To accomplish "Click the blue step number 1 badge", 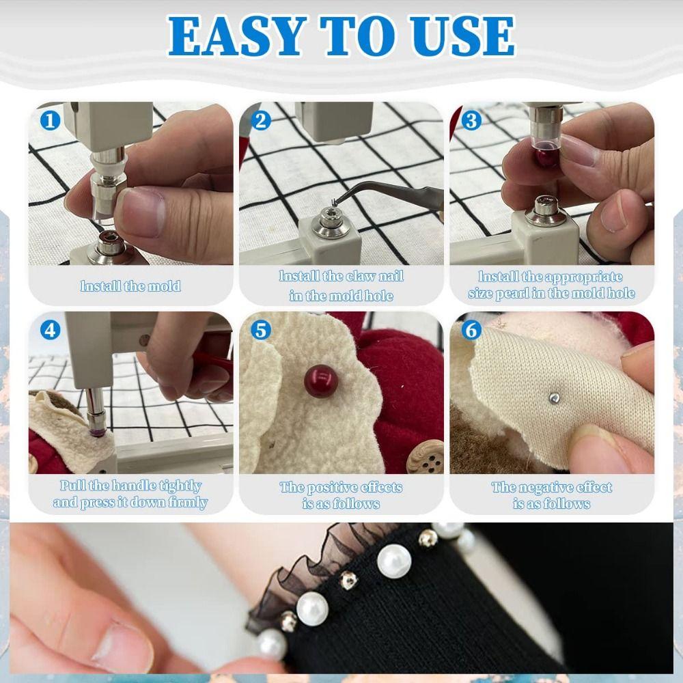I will point(50,121).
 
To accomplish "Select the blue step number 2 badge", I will point(260,121).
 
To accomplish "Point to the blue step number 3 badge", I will point(471,121).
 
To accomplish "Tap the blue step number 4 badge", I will point(50,331).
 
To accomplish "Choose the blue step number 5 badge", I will point(260,331).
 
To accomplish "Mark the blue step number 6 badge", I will point(471,331).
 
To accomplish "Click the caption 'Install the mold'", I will point(130,285).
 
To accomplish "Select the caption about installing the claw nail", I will point(341,285).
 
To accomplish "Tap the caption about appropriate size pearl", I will point(551,285).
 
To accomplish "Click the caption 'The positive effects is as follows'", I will point(341,495).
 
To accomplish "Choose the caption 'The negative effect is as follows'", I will point(551,495).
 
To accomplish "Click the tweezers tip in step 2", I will point(333,199).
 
